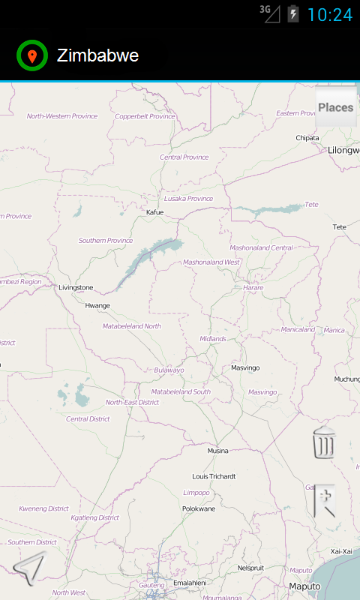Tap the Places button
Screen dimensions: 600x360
335,107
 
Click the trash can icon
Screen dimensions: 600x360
324,442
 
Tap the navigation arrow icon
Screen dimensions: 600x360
29,569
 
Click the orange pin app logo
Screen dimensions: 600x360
31,55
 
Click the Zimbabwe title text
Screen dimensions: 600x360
97,55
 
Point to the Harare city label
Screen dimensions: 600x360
253,287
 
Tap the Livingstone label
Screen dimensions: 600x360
76,287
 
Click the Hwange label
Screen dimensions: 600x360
97,305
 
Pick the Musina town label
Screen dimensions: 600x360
217,451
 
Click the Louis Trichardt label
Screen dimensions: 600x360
214,476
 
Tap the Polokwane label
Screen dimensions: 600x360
199,508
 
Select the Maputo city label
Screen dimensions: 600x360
304,586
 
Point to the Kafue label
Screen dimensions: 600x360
154,212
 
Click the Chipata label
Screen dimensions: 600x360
307,138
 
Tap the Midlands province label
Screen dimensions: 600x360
212,339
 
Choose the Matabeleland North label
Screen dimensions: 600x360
132,326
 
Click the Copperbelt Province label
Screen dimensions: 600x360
145,116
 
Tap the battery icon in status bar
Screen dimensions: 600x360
292,14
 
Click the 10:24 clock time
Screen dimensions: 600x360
329,14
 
